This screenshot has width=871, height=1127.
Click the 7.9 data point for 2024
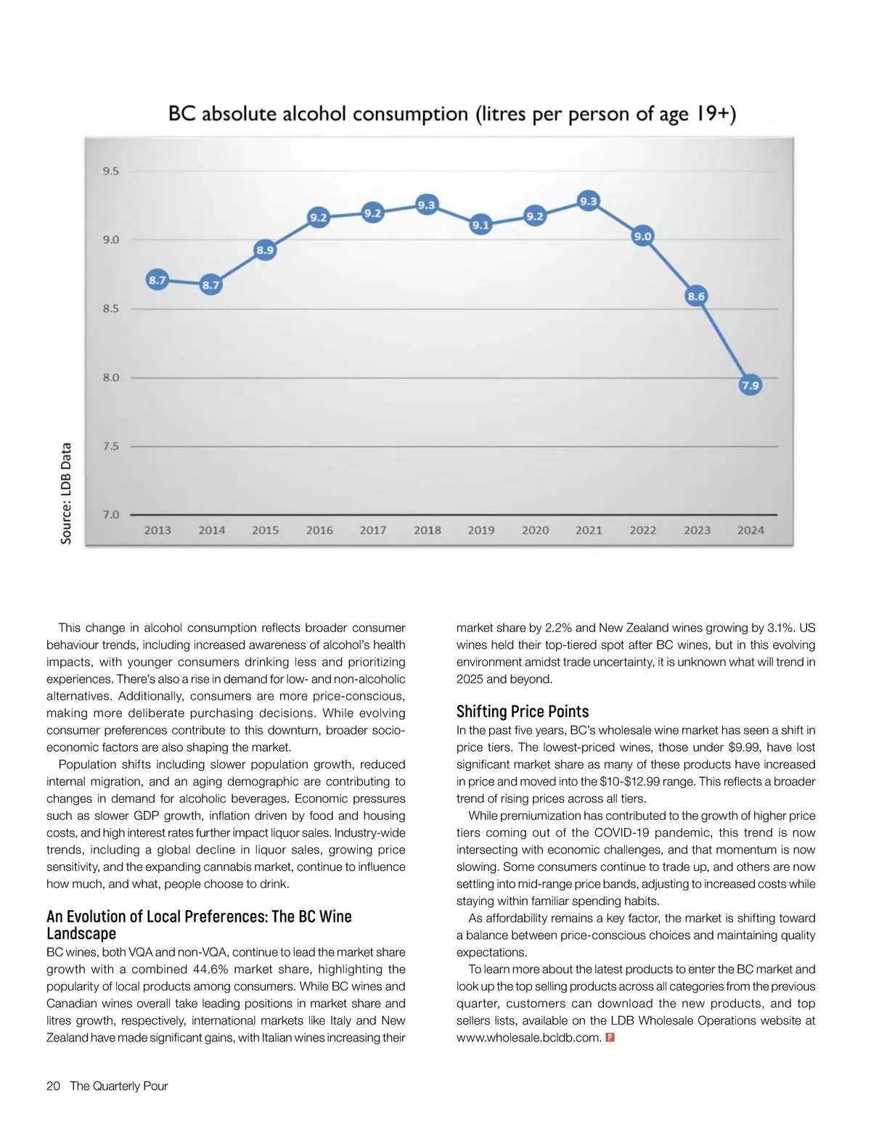[750, 385]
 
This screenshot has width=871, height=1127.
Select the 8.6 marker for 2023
[696, 296]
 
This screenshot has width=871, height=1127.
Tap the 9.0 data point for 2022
[642, 236]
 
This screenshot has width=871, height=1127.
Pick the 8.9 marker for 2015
[265, 250]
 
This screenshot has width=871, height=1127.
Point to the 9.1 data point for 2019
[481, 225]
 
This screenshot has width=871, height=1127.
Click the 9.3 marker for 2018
[426, 205]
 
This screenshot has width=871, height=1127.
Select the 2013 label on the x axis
[158, 530]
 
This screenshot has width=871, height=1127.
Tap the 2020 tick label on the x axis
[535, 530]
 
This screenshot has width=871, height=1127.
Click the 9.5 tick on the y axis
[110, 171]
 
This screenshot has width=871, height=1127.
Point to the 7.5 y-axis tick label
[110, 446]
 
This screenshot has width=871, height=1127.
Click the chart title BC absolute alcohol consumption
[452, 115]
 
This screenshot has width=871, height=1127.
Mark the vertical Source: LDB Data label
[66, 493]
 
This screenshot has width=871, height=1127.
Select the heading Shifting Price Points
[523, 711]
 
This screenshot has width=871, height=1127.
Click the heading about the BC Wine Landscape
[199, 925]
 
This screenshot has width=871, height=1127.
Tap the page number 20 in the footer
[53, 1086]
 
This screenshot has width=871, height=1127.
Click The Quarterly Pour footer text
[119, 1086]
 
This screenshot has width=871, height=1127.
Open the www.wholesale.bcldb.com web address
[528, 1038]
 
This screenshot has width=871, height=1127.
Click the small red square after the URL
[610, 1038]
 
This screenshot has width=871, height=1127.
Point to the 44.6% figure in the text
[211, 970]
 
